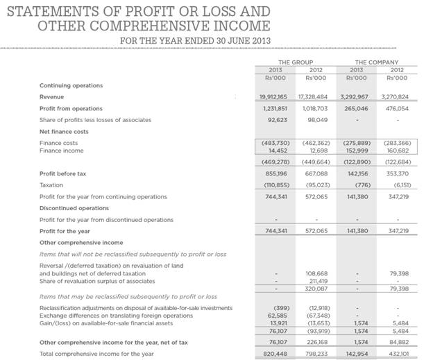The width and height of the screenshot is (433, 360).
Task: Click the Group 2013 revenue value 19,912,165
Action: (273, 97)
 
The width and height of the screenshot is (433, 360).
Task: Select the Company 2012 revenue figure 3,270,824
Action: (395, 97)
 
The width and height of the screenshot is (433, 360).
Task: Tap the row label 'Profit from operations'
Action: (71, 109)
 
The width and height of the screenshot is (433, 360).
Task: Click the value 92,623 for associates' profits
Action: (276, 120)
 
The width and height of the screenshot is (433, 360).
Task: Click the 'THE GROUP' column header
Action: (296, 62)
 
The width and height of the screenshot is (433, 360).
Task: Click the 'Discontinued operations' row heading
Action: (74, 208)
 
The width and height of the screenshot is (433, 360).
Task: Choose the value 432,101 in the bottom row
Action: (397, 353)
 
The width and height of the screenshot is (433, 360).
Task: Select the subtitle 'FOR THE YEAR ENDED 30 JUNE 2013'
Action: (196, 40)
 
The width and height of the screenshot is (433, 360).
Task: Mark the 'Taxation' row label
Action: (51, 185)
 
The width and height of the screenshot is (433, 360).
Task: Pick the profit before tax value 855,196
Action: (276, 173)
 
